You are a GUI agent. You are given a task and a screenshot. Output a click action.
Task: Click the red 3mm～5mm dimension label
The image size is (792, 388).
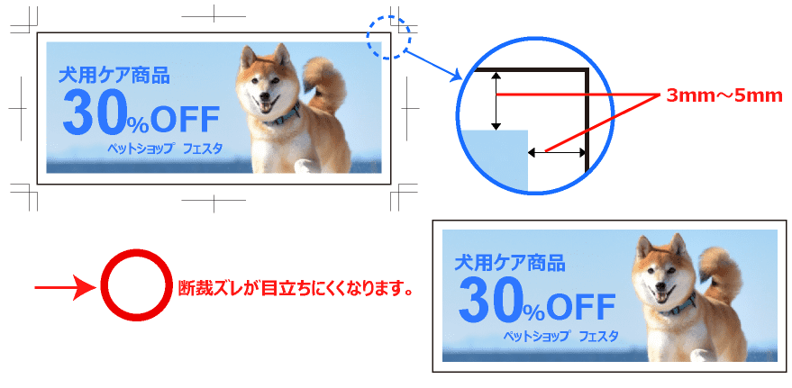tap(724, 95)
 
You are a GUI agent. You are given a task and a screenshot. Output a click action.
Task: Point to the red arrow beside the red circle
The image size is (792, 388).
tap(65, 287)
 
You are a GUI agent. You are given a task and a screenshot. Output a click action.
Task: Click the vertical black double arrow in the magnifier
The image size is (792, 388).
tap(496, 101)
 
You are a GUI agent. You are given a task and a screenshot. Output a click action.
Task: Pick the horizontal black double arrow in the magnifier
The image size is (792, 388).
tap(557, 151)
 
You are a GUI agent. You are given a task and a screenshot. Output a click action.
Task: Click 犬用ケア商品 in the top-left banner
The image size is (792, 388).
tap(114, 76)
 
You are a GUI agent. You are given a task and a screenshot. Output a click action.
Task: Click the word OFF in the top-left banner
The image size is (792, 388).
tap(185, 121)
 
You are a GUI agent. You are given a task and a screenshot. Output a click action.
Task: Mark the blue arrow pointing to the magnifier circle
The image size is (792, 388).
tap(434, 65)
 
